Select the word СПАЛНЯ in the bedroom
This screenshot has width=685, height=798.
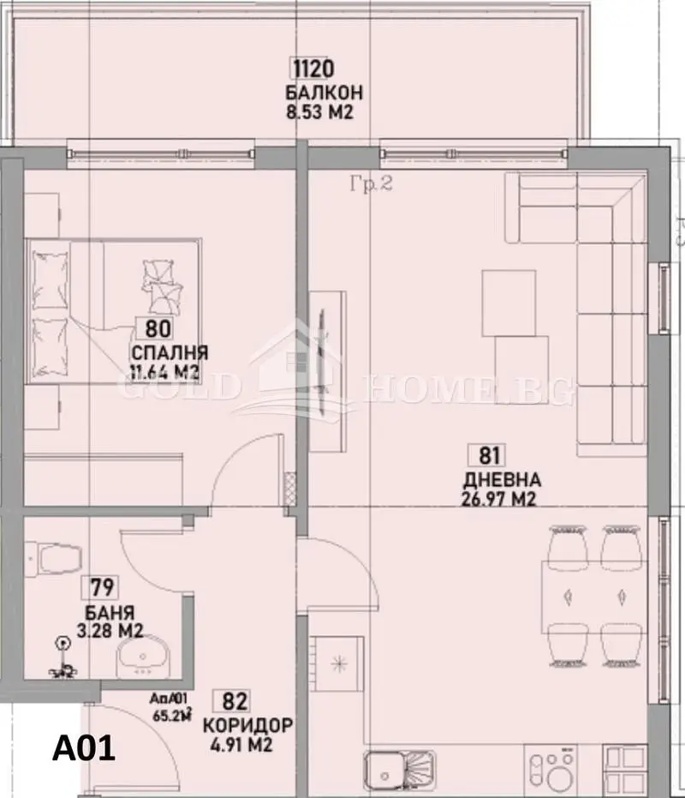170,353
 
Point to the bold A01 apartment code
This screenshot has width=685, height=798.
83,750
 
